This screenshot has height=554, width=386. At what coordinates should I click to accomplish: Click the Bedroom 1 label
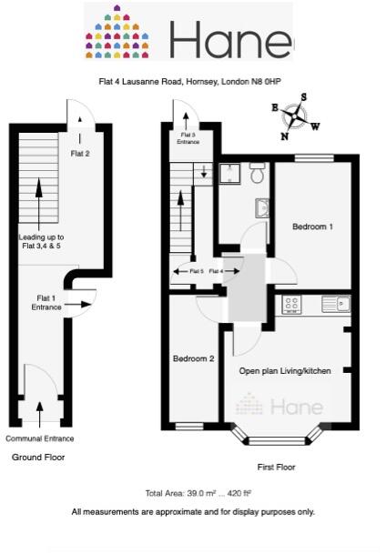pyautogui.click(x=312, y=227)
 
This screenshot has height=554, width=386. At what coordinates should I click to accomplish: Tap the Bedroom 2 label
pyautogui.click(x=193, y=358)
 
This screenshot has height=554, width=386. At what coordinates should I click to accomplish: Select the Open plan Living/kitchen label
pyautogui.click(x=284, y=371)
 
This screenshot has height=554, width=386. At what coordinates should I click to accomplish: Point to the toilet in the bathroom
pyautogui.click(x=258, y=172)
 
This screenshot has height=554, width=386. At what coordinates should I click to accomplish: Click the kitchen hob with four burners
pyautogui.click(x=293, y=305)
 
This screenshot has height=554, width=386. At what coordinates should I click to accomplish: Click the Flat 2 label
pyautogui.click(x=80, y=154)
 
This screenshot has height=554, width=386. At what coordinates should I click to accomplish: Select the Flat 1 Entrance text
pyautogui.click(x=48, y=302)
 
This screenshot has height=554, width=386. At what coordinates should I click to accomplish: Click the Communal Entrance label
pyautogui.click(x=40, y=438)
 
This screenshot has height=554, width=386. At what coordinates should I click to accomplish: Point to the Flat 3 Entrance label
pyautogui.click(x=188, y=138)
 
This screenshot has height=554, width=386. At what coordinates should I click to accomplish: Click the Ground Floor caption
pyautogui.click(x=38, y=458)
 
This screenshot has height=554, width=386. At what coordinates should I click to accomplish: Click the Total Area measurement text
pyautogui.click(x=192, y=494)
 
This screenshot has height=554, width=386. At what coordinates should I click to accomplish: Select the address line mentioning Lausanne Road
pyautogui.click(x=189, y=82)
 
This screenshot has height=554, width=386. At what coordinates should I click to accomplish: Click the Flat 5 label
pyautogui.click(x=196, y=271)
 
